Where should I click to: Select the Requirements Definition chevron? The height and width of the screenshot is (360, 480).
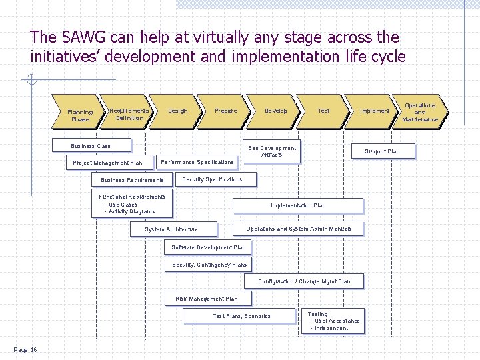129,114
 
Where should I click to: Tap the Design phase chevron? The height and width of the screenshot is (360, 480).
178,111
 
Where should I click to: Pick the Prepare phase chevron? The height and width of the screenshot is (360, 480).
226,111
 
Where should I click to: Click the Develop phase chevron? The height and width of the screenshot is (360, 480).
276,111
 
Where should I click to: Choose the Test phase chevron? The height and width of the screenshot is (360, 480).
323,111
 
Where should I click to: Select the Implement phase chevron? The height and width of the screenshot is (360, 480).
374,111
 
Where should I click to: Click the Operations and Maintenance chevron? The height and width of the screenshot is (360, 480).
420,112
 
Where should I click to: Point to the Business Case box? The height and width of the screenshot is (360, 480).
91,146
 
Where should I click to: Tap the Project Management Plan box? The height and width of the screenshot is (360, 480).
107,163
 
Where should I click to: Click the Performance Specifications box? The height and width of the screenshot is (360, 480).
197,162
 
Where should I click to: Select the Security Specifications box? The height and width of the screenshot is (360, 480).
212,179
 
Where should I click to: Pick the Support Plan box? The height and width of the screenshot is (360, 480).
382,151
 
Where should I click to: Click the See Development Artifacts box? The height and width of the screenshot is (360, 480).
272,151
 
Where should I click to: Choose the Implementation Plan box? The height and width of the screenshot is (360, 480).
298,205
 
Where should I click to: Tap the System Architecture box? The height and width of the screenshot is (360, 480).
172,229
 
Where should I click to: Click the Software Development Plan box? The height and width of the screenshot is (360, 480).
209,247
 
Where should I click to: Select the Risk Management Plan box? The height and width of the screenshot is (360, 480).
206,299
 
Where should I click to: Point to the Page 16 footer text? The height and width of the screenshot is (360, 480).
25,350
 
